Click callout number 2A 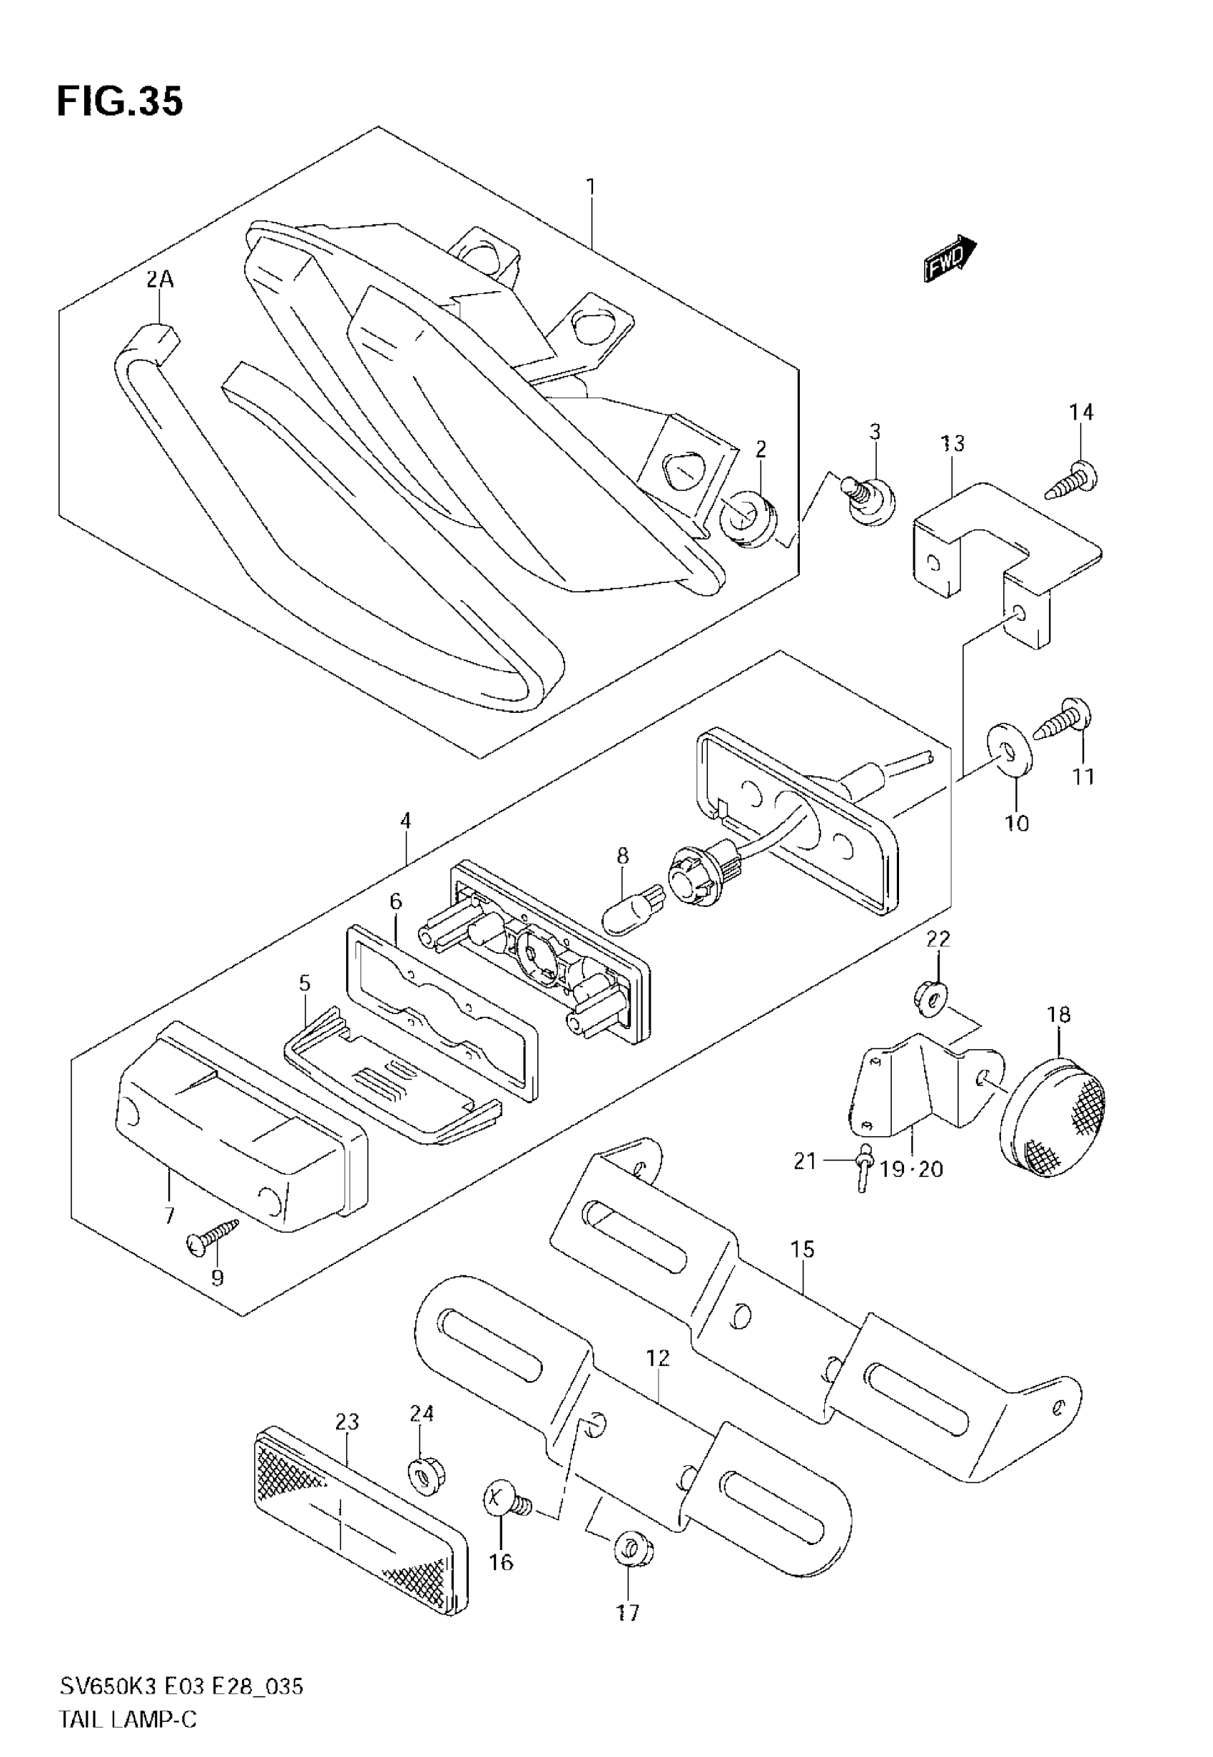(160, 280)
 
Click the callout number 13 (953, 443)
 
